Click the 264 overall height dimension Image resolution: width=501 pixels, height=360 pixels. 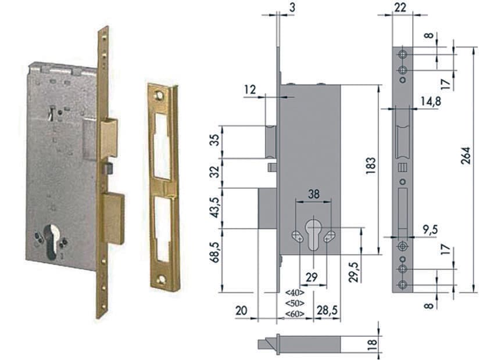[x=466, y=156]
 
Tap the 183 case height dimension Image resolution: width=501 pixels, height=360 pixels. [x=371, y=165]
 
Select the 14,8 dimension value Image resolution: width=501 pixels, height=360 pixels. [x=431, y=101]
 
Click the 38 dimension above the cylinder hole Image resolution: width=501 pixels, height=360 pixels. [x=313, y=194]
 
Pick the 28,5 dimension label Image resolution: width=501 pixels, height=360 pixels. [x=327, y=310]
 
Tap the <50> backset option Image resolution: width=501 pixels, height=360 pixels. [x=294, y=303]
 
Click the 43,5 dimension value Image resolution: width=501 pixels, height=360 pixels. [x=216, y=208]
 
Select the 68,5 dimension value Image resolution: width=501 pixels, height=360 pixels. [x=216, y=253]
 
